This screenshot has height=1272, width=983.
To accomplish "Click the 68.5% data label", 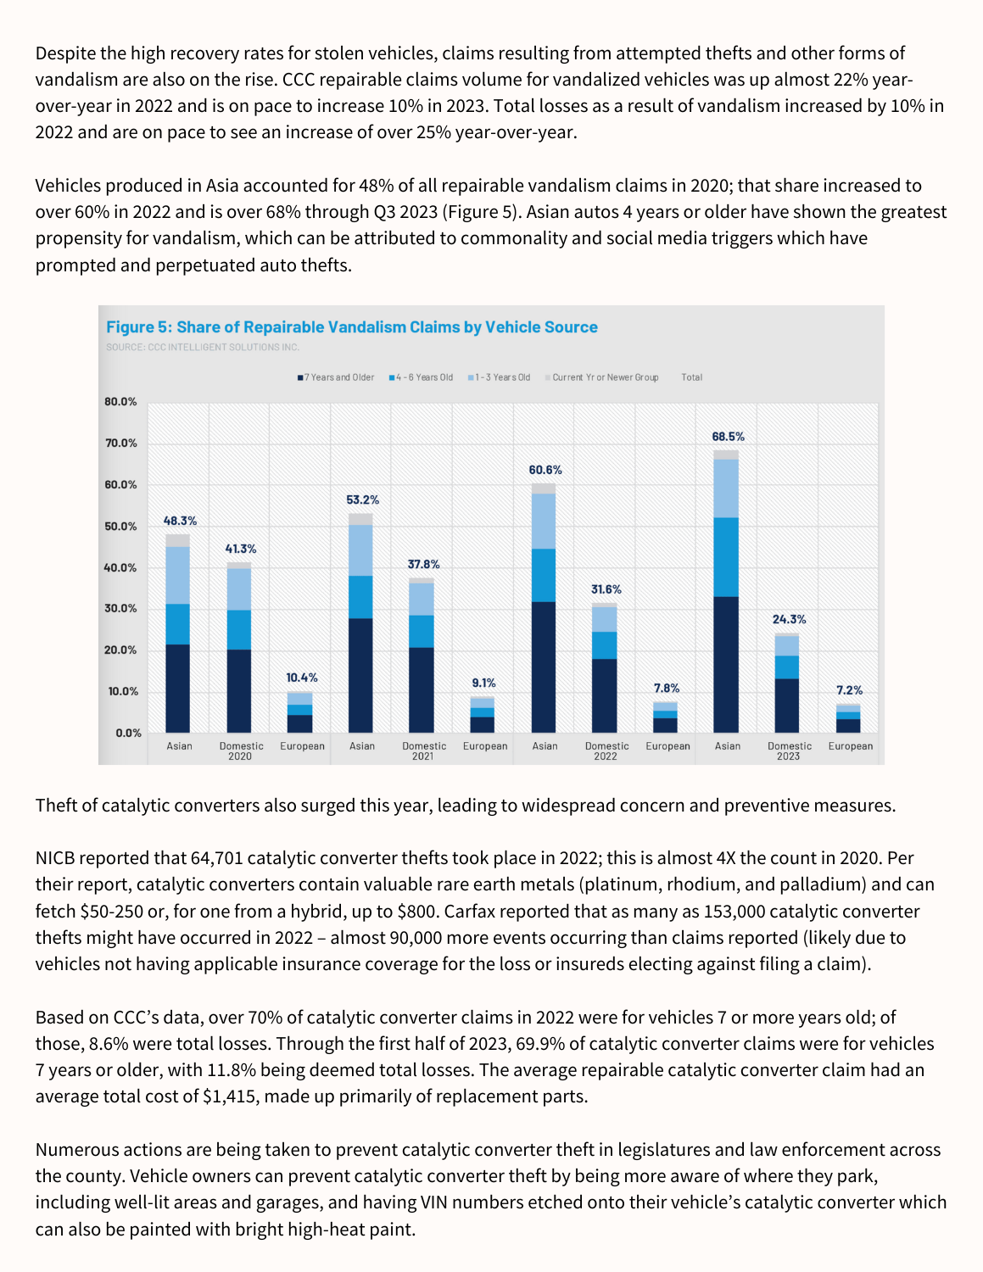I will click(x=728, y=437).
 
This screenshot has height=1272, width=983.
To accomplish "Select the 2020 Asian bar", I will click(x=178, y=636).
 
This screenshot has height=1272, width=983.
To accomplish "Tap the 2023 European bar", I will click(x=848, y=719).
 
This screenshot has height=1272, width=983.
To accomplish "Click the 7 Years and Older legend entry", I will click(x=336, y=377).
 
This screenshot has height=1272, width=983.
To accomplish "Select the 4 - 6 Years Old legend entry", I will click(x=422, y=377).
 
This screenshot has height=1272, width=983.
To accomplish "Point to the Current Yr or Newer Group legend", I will click(x=602, y=377).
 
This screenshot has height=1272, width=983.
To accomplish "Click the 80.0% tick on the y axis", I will click(x=120, y=402).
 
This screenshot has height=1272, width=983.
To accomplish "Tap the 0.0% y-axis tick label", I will click(x=128, y=734).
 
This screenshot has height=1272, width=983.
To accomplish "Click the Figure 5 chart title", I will click(x=351, y=327).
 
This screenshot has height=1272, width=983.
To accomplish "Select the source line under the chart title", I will click(x=203, y=347).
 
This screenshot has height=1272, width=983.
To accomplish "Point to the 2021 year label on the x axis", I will click(x=422, y=756).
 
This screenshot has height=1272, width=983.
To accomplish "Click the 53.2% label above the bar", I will click(x=362, y=500).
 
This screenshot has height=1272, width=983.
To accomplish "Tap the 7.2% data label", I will click(x=849, y=691).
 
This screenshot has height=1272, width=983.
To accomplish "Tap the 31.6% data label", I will click(x=606, y=589).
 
